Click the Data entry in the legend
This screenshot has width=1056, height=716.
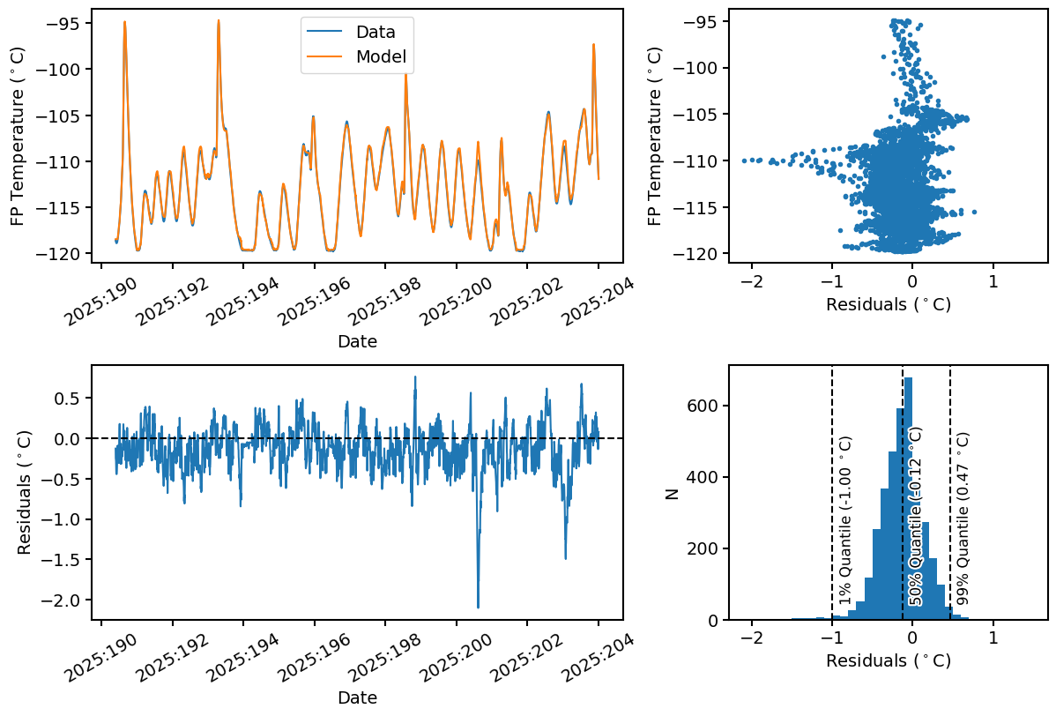(376, 32)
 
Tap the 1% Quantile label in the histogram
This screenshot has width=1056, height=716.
(845, 521)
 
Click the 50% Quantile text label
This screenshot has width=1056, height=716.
(916, 516)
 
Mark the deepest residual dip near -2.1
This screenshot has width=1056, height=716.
(478, 607)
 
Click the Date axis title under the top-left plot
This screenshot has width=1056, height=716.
(357, 341)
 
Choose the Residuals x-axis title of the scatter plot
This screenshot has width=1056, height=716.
(888, 304)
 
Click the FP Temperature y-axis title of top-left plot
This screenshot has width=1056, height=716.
(19, 136)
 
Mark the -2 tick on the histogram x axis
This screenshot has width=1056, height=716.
(751, 638)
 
